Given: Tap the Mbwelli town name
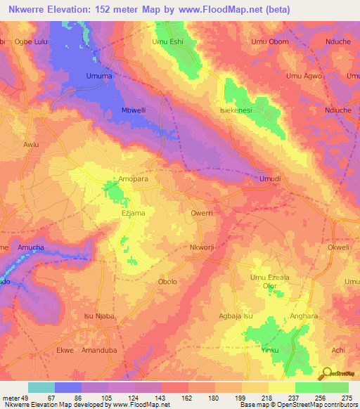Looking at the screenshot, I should [x=134, y=111].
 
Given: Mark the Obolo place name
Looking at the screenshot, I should [x=168, y=281].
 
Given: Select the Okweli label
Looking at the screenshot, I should [x=338, y=248].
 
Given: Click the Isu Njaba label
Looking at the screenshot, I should [x=99, y=316].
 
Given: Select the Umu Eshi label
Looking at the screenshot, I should [x=167, y=42].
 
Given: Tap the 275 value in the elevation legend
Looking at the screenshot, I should [x=347, y=398].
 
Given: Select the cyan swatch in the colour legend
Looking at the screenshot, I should [x=41, y=387].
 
